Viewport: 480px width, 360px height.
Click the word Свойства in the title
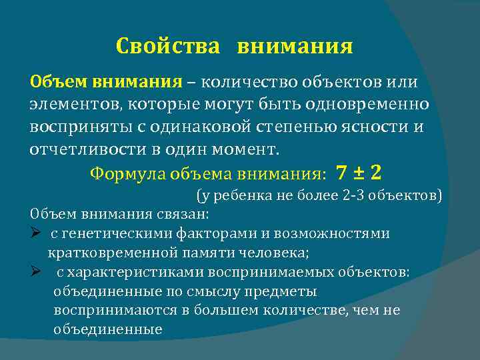point(167,46)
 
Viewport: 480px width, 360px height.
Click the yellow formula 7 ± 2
point(359,173)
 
